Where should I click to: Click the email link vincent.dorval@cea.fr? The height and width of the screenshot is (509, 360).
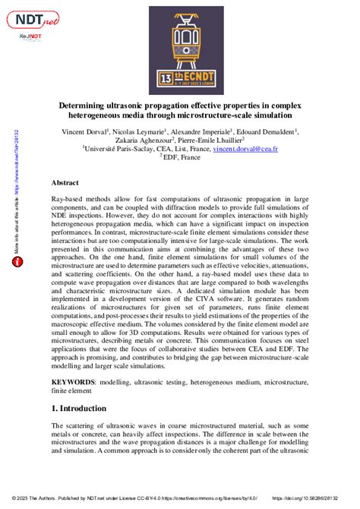(x=278, y=150)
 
